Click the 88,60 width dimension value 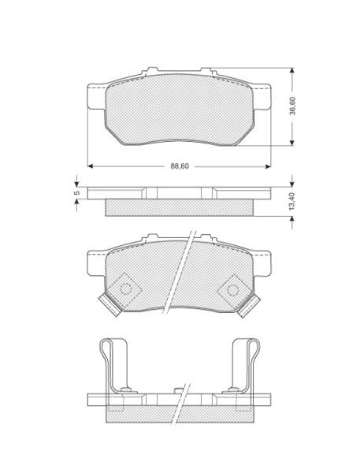pos(180,166)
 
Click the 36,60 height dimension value pos(292,106)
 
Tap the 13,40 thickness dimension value pos(291,202)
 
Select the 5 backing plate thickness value pos(77,192)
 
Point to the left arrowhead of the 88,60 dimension pos(90,166)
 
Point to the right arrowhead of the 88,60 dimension pos(268,166)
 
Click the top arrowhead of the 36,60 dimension pos(291,71)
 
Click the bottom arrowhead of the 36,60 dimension pos(291,143)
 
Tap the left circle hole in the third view pos(126,289)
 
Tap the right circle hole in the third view pos(232,290)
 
